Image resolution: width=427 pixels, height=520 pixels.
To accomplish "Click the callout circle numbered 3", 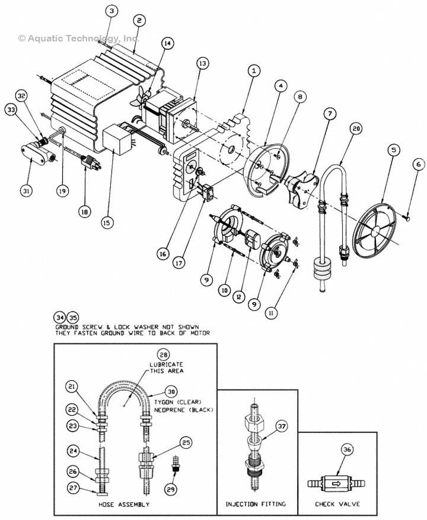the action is pyautogui.click(x=112, y=11).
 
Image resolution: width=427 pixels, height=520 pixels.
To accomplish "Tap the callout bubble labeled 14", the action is pyautogui.click(x=168, y=43).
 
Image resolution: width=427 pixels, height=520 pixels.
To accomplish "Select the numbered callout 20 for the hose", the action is pyautogui.click(x=356, y=129).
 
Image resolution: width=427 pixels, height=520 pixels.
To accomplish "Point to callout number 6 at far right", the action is pyautogui.click(x=418, y=164).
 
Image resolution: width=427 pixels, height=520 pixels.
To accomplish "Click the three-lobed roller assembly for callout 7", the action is pyautogui.click(x=301, y=188).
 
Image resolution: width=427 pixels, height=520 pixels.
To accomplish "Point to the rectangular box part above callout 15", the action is pyautogui.click(x=117, y=139).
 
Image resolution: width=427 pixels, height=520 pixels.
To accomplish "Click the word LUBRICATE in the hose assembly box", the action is pyautogui.click(x=166, y=364).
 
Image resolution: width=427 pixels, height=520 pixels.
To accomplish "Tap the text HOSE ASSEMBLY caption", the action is pyautogui.click(x=124, y=505).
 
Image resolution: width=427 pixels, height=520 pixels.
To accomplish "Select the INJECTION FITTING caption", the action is pyautogui.click(x=256, y=504).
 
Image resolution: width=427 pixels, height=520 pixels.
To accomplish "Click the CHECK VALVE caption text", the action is pyautogui.click(x=337, y=504).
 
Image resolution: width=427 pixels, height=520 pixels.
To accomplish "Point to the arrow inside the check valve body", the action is pyautogui.click(x=336, y=483).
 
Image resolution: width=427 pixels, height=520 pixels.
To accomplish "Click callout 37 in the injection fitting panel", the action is pyautogui.click(x=282, y=426).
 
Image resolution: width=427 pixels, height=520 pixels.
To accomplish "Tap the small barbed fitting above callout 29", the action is pyautogui.click(x=176, y=464).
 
